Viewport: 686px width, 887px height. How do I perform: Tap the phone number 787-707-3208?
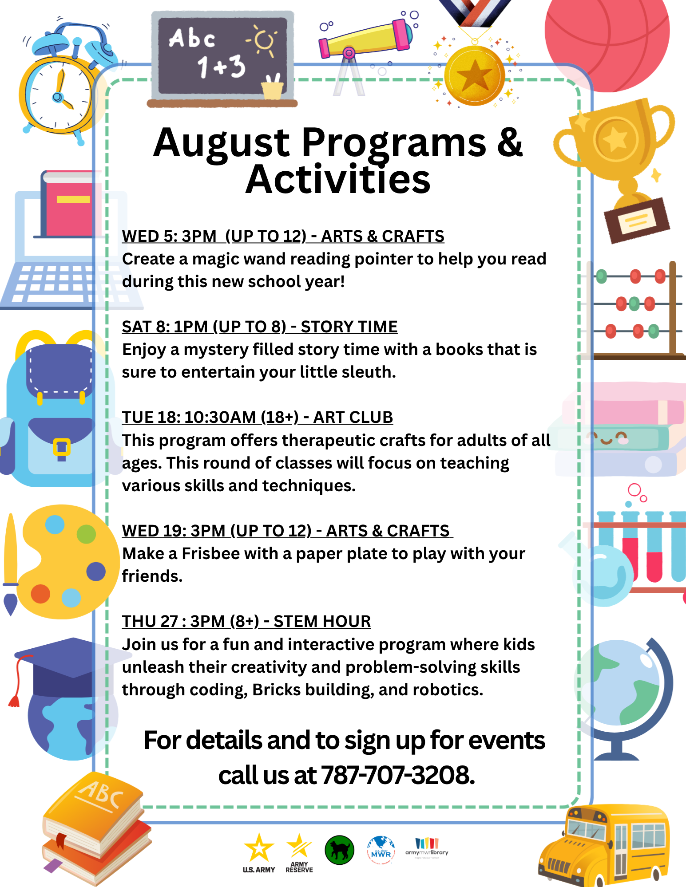click(397, 775)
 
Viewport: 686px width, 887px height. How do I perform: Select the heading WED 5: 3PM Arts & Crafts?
click(283, 236)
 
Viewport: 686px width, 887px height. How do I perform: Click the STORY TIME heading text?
click(349, 327)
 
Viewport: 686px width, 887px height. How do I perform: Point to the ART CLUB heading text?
click(353, 417)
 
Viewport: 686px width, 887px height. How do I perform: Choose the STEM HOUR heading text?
click(322, 621)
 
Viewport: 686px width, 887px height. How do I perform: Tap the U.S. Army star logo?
click(259, 852)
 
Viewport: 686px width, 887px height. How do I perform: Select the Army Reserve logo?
click(299, 852)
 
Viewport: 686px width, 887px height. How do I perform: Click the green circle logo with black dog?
click(339, 850)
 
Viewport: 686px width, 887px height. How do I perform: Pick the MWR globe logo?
click(381, 850)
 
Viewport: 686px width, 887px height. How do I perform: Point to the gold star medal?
click(475, 76)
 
